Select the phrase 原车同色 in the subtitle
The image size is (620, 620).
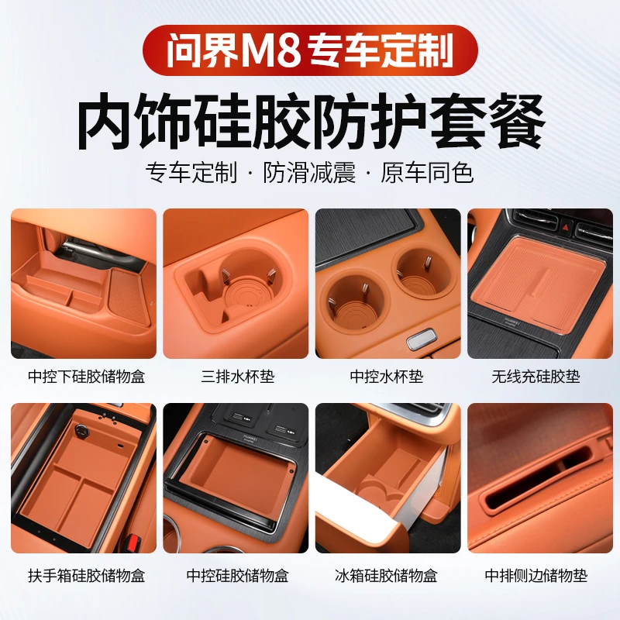(x=426, y=172)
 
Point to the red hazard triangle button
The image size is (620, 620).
(x=574, y=225)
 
